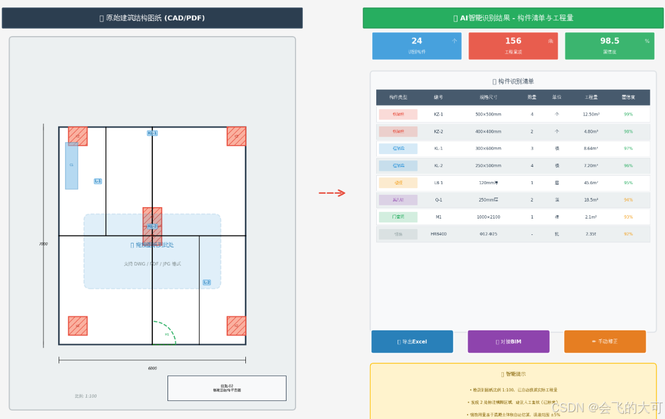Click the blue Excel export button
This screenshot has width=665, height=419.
tap(412, 342)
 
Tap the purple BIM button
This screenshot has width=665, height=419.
tap(508, 342)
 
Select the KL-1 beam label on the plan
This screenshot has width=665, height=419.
tap(152, 133)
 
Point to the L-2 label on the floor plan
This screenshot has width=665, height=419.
tap(207, 282)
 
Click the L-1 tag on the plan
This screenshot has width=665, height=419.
tap(98, 181)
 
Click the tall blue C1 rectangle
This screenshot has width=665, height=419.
tap(72, 165)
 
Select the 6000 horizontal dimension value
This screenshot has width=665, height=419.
tap(152, 368)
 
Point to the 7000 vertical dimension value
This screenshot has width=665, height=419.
tap(43, 244)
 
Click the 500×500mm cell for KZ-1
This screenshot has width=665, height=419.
tap(488, 115)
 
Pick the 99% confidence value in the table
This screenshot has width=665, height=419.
tap(628, 115)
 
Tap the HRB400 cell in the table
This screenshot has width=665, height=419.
tap(438, 234)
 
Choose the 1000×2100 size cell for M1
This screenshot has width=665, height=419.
tap(488, 217)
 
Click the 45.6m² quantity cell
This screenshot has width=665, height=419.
tap(591, 183)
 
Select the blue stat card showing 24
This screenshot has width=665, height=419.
tap(417, 46)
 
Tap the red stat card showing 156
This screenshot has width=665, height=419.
tap(513, 46)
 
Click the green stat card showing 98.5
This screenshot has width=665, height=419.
tap(609, 46)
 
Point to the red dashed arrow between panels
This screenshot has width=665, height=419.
tap(332, 193)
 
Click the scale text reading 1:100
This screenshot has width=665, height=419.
tap(86, 396)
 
